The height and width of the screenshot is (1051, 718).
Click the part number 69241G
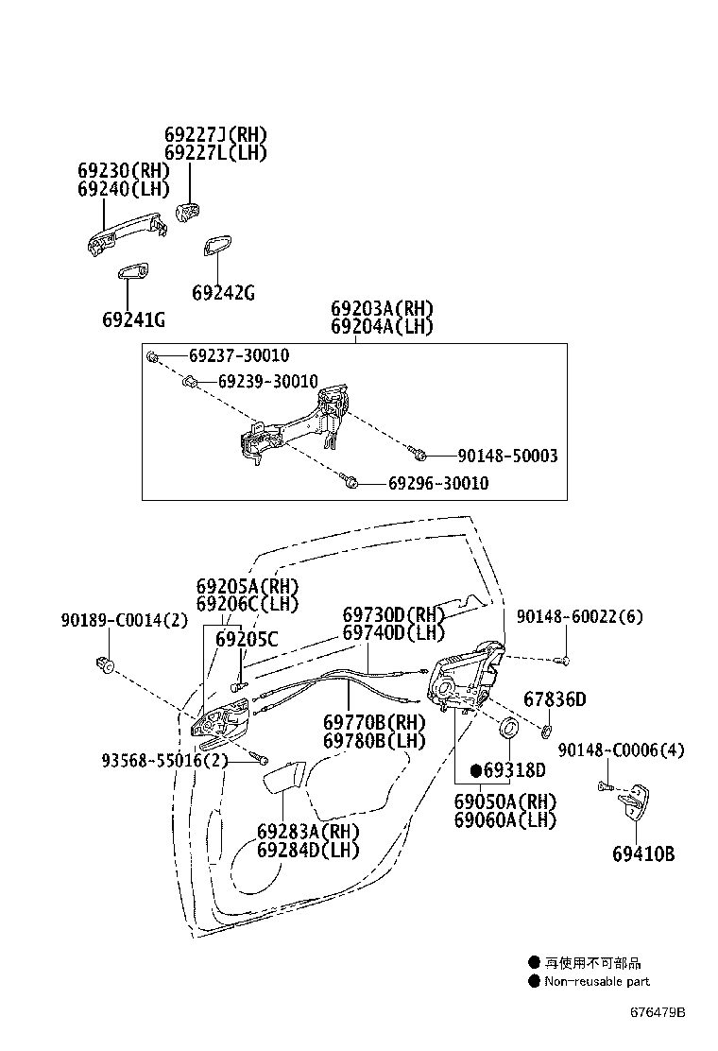tap(133, 319)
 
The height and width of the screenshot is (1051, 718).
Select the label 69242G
tap(223, 293)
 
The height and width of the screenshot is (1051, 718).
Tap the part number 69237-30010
tap(239, 355)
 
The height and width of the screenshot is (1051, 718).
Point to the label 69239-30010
tap(268, 382)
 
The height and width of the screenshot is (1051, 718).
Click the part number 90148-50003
tap(507, 456)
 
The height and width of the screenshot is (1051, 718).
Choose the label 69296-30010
tap(438, 483)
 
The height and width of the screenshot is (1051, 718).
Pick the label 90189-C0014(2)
tap(125, 621)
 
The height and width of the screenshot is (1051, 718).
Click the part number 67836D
tap(555, 699)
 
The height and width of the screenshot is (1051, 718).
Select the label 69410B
tap(643, 854)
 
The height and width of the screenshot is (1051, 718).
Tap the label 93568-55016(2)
tap(164, 761)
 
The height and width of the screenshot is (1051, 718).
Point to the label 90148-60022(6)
tap(579, 616)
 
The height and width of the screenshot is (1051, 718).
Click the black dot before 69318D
tap(476, 770)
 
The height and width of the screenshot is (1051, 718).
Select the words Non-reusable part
tap(597, 981)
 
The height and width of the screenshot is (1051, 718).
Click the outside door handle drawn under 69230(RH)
tap(126, 233)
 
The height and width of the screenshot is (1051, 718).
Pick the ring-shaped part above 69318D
tap(510, 727)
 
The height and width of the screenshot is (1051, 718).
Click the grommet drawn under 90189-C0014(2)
tap(104, 664)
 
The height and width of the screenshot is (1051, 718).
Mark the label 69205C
tap(247, 640)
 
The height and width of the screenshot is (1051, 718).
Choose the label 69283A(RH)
tap(308, 831)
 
